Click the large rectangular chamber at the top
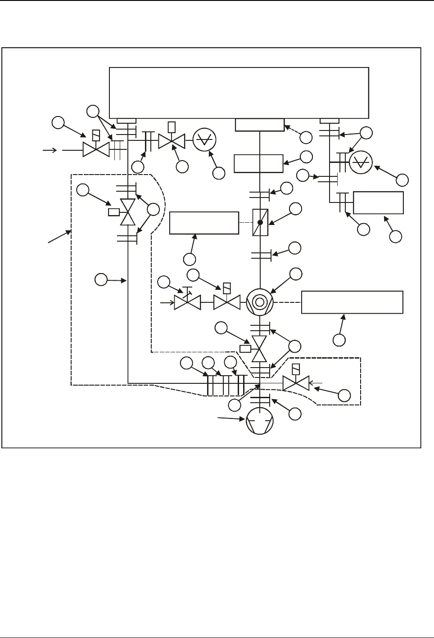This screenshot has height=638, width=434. (239, 92)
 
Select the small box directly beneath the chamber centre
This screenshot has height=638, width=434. (260, 125)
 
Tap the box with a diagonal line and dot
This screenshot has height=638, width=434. (260, 222)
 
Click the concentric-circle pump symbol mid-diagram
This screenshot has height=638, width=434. (260, 302)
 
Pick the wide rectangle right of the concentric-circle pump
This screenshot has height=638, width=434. (352, 302)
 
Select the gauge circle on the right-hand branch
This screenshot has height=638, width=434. (361, 163)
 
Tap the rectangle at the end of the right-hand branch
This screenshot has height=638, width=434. (378, 202)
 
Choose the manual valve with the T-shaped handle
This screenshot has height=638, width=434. (187, 302)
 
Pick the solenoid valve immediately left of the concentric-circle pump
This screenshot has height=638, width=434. (227, 302)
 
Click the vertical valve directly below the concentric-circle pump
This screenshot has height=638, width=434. (259, 349)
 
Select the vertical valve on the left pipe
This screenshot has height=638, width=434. (129, 212)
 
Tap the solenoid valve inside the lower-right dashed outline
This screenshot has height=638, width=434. (296, 383)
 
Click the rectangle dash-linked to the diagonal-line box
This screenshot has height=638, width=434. (203, 223)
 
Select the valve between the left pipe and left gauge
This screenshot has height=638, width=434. (172, 141)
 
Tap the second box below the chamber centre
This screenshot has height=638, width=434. (259, 163)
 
